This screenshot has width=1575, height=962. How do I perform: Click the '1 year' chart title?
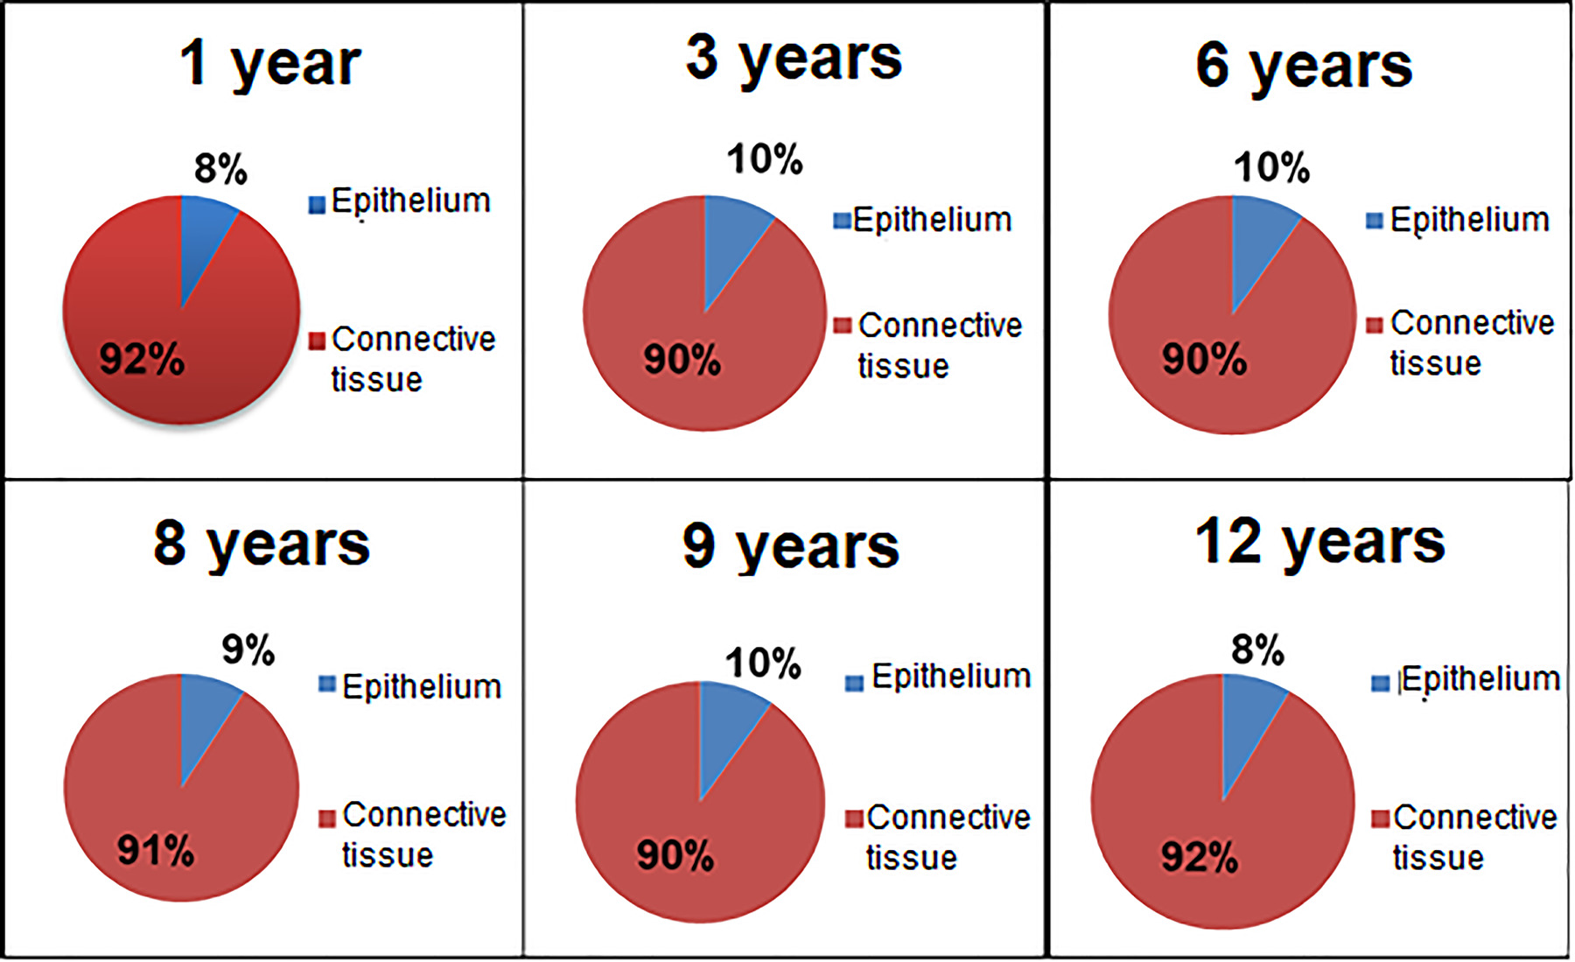pyautogui.click(x=269, y=66)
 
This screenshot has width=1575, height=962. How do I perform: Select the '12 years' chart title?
pyautogui.click(x=1319, y=543)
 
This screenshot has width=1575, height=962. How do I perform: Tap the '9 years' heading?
pyautogui.click(x=791, y=548)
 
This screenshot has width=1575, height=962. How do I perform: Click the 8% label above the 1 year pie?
pyautogui.click(x=220, y=168)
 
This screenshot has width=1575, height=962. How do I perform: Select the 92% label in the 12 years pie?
pyautogui.click(x=1200, y=858)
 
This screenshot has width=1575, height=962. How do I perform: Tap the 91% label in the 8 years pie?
pyautogui.click(x=156, y=851)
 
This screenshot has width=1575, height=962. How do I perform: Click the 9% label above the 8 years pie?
pyautogui.click(x=248, y=650)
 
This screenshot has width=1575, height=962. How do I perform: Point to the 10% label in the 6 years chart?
pyautogui.click(x=1271, y=167)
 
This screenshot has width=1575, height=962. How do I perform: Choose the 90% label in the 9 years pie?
pyautogui.click(x=675, y=855)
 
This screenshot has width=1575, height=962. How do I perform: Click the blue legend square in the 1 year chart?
pyautogui.click(x=317, y=205)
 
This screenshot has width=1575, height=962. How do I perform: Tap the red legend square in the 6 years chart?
pyautogui.click(x=1375, y=326)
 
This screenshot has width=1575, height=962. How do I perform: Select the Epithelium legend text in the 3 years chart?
pyautogui.click(x=933, y=220)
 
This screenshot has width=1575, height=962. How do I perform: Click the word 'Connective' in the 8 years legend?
pyautogui.click(x=424, y=815)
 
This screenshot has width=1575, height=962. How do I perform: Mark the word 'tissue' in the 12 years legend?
pyautogui.click(x=1438, y=858)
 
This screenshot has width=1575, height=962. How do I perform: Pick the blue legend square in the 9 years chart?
pyautogui.click(x=854, y=683)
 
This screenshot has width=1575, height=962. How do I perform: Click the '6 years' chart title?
pyautogui.click(x=1304, y=67)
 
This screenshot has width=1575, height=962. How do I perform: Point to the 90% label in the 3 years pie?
pyautogui.click(x=682, y=360)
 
